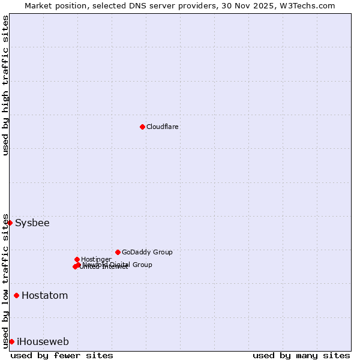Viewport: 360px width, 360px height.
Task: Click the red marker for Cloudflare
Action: [x=142, y=127]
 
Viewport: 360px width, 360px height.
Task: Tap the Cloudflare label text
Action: [x=163, y=127]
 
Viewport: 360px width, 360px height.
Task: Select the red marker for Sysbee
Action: [x=10, y=223]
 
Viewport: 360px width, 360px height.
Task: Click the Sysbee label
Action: [x=32, y=223]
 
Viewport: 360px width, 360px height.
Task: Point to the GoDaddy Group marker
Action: [x=118, y=252]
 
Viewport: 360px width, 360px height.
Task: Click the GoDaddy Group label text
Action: [x=147, y=253]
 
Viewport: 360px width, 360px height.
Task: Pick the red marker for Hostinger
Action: [x=77, y=259]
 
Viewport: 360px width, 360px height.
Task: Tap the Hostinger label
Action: [x=96, y=260]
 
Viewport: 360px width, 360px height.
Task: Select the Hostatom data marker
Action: [x=16, y=295]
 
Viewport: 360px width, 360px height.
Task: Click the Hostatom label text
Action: [x=45, y=296]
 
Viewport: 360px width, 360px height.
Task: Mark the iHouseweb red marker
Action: [x=11, y=341]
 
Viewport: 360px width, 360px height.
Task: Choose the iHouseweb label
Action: [x=43, y=342]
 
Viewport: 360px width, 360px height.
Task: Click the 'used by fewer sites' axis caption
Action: [x=62, y=355]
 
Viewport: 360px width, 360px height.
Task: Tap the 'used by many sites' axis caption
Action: [x=301, y=355]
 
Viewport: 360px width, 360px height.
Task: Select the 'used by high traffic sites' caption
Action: [x=6, y=85]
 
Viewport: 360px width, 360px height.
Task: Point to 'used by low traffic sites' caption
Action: [x=6, y=281]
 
